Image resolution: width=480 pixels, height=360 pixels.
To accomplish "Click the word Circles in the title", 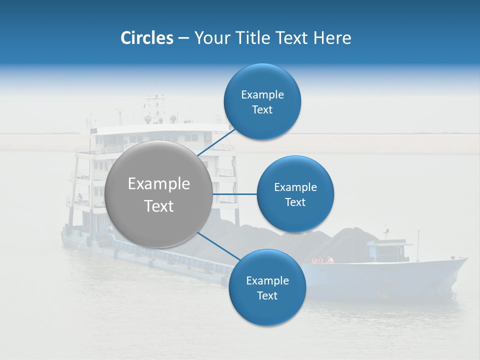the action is [x=146, y=38].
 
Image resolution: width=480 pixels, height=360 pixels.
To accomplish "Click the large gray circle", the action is [x=159, y=194].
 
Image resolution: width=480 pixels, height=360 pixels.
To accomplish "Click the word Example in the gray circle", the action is [x=159, y=184].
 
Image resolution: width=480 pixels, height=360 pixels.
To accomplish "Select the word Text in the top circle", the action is [x=262, y=110].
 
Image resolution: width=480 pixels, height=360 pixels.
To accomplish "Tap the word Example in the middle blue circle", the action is [x=295, y=187].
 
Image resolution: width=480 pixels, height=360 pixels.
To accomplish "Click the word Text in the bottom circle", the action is [x=267, y=296].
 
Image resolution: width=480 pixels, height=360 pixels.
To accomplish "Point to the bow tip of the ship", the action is [x=466, y=259].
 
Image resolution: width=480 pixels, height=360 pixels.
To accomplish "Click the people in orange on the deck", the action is [x=322, y=260].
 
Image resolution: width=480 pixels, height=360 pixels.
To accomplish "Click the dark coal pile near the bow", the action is [x=350, y=242].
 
